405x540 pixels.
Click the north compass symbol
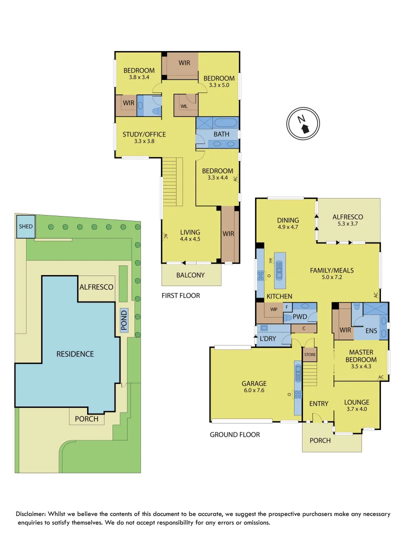[x=303, y=123]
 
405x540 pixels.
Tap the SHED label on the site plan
[x=25, y=226]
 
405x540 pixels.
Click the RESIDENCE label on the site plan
[x=75, y=354]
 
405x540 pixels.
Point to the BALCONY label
[x=190, y=275]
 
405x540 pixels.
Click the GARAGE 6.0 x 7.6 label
[x=254, y=387]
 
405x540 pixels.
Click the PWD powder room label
[x=299, y=316]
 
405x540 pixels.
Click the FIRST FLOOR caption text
[x=180, y=295]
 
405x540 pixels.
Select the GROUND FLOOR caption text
[x=234, y=434]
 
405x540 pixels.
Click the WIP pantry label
[x=273, y=309]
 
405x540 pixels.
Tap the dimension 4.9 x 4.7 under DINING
[x=287, y=227]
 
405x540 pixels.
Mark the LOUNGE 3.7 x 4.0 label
[x=356, y=405]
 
